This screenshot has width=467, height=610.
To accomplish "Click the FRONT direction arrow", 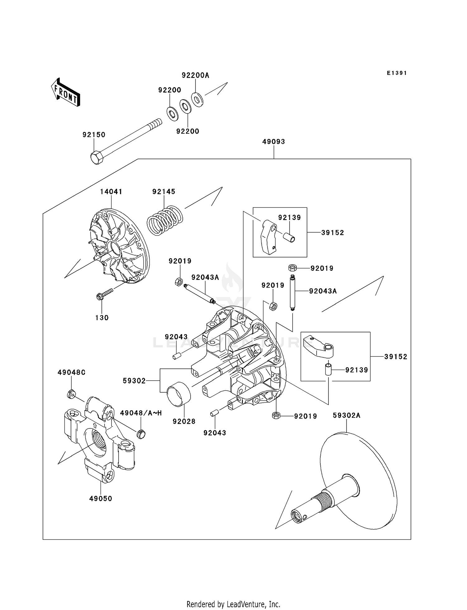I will pyautogui.click(x=66, y=93).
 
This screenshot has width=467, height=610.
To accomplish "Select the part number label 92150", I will pyautogui.click(x=94, y=135).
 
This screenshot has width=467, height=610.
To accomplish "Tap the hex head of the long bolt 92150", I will pyautogui.click(x=97, y=158).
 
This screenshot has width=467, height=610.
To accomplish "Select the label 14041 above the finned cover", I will pyautogui.click(x=111, y=192).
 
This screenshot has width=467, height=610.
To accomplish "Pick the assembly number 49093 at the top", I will pyautogui.click(x=274, y=141).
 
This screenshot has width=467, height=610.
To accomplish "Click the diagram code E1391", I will pyautogui.click(x=397, y=73).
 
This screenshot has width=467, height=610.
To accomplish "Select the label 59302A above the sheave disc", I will pyautogui.click(x=347, y=415).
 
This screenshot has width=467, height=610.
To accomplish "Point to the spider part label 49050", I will pyautogui.click(x=101, y=498).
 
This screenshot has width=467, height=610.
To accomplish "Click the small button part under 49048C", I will pyautogui.click(x=71, y=394).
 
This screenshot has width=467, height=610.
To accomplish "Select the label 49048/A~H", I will pyautogui.click(x=141, y=413).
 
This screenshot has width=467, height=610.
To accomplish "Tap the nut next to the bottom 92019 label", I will pyautogui.click(x=275, y=415).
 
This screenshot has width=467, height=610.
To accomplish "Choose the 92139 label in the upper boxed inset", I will pyautogui.click(x=290, y=217).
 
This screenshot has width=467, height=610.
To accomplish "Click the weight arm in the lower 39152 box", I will pyautogui.click(x=318, y=345).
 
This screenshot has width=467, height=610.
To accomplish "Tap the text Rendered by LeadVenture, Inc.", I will pyautogui.click(x=233, y=604).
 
